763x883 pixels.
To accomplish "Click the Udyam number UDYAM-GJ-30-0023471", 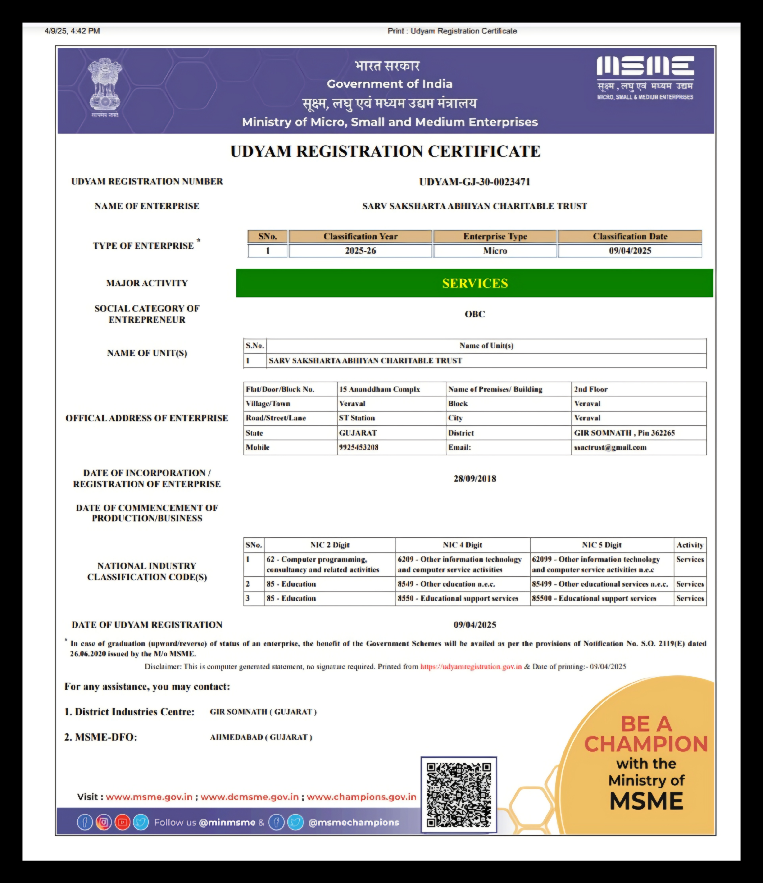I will click(475, 182).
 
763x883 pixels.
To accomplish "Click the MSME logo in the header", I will click(645, 77).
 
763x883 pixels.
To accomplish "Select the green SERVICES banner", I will click(475, 283).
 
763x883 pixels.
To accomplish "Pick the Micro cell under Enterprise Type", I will click(495, 250).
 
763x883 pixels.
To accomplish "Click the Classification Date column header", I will click(630, 237).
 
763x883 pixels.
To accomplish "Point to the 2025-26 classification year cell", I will click(360, 250).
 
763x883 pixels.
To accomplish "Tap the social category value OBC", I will click(475, 314).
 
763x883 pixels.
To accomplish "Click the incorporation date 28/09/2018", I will click(475, 478).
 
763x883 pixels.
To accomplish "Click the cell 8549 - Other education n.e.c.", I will click(446, 584).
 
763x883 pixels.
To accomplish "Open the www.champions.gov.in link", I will click(361, 797).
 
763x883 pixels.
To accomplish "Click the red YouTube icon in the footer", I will click(122, 822).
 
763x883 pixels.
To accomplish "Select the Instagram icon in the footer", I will click(104, 822).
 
